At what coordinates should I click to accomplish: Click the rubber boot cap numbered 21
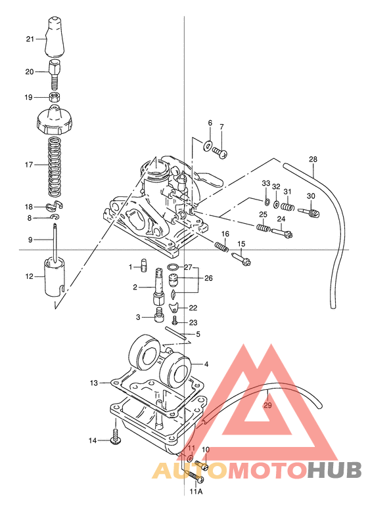(x=57, y=39)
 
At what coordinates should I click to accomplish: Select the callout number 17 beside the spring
(x=29, y=165)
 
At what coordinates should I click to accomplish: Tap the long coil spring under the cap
(x=58, y=166)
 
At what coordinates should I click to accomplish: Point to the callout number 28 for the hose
(x=313, y=160)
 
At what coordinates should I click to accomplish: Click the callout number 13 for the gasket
(x=94, y=382)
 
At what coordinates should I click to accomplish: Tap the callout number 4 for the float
(x=206, y=364)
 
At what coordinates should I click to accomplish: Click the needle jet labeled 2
(x=159, y=287)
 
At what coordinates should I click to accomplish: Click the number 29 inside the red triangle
(x=267, y=405)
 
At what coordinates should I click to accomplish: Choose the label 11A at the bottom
(x=196, y=491)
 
